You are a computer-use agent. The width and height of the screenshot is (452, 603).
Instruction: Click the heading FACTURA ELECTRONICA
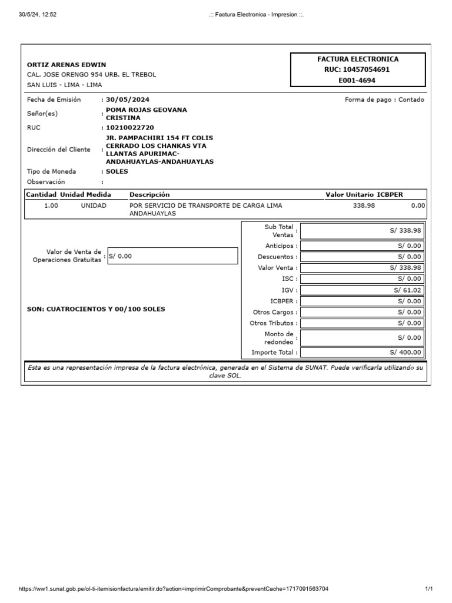tap(358, 59)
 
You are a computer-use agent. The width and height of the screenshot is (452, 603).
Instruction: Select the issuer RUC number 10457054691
tap(358, 69)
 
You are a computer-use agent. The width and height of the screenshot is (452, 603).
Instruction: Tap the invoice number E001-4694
tap(358, 80)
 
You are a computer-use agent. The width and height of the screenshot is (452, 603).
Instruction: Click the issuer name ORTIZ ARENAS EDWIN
tap(67, 65)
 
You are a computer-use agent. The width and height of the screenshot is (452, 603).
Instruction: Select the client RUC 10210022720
tap(129, 127)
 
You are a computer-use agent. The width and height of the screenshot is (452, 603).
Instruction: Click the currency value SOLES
tap(117, 171)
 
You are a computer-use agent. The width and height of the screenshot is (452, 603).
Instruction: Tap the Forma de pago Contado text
tap(384, 100)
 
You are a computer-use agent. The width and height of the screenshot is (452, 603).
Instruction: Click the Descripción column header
tap(149, 194)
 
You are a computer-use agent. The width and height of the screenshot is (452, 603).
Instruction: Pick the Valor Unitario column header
tap(349, 194)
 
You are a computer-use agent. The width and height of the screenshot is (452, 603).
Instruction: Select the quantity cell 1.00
tap(51, 206)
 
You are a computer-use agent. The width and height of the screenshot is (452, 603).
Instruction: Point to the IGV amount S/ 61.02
tap(407, 290)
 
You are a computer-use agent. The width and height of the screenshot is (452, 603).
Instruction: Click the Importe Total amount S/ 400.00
tap(406, 352)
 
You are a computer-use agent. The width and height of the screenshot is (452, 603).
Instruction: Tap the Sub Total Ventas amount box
tap(362, 231)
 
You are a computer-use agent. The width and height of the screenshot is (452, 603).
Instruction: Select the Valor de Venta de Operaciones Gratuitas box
tap(172, 256)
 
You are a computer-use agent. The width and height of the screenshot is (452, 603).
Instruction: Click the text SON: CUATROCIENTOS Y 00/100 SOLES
tap(96, 309)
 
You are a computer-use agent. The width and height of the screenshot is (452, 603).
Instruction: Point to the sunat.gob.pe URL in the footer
tap(174, 589)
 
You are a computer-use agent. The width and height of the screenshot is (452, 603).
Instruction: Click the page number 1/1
tap(429, 589)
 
